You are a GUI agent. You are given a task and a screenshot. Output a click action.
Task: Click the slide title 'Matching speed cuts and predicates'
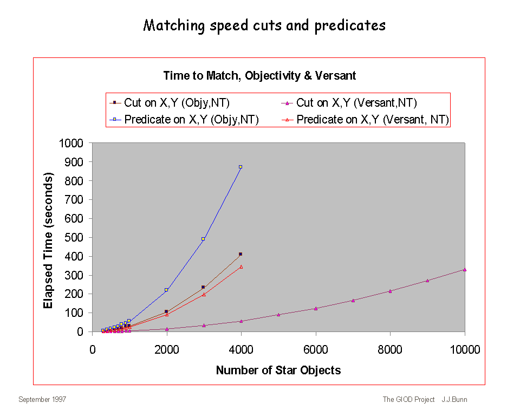(264, 25)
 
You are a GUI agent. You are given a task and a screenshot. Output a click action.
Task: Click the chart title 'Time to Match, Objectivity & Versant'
(259, 76)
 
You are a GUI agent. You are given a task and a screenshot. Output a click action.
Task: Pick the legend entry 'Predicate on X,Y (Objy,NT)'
(191, 120)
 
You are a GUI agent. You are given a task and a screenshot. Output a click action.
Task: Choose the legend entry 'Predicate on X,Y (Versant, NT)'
(373, 120)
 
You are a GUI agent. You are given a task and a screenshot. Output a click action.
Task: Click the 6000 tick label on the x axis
(316, 350)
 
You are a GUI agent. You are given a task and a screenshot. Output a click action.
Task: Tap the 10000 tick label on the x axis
(465, 350)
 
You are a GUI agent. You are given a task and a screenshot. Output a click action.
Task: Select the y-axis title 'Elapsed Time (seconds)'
(48, 241)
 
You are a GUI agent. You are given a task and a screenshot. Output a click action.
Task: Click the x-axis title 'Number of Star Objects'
(278, 370)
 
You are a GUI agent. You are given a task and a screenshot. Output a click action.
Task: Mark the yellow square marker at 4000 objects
(240, 167)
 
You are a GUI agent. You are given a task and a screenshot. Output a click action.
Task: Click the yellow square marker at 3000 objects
(203, 239)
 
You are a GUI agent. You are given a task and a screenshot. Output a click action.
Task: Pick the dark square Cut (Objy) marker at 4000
(240, 254)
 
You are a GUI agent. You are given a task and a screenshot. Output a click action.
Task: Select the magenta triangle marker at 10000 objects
(465, 269)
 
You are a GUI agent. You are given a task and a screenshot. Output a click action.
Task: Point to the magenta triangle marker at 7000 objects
(353, 300)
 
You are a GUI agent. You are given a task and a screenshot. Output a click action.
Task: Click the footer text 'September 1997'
(42, 400)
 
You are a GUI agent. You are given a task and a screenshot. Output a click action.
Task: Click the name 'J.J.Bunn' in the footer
(454, 400)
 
